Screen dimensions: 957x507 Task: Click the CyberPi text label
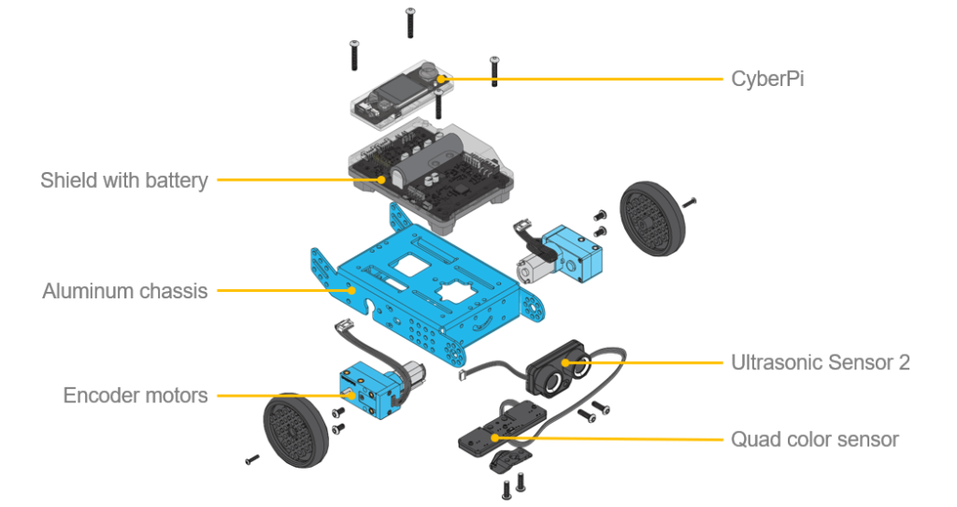pos(767,80)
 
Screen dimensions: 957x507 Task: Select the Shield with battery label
pos(124,181)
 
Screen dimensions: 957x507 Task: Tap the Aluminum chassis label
pos(125,291)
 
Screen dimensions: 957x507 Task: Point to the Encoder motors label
pos(136,395)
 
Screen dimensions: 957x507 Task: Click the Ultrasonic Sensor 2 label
pos(821,362)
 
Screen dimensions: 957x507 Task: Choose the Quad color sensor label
pos(815,440)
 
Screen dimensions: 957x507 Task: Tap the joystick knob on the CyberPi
pos(429,68)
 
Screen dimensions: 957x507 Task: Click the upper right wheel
pos(651,218)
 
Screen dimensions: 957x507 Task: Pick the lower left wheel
pos(296,430)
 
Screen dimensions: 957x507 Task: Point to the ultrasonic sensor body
pos(559,368)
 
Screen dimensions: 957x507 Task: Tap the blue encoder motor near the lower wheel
pos(365,391)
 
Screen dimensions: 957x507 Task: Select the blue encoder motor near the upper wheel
pos(572,253)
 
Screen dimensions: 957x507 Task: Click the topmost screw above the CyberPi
pos(411,23)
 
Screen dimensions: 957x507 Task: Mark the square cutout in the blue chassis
pos(411,266)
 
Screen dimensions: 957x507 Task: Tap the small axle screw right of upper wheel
pos(690,202)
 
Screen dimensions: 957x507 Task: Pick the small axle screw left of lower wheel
pos(252,459)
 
